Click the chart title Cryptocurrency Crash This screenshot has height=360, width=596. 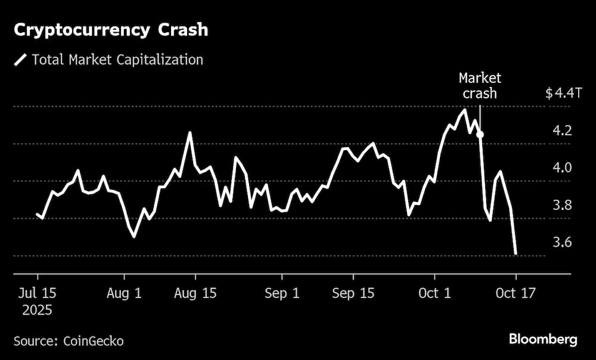click(111, 30)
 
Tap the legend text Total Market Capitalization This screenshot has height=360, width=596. click(117, 60)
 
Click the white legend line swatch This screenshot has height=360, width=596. click(21, 60)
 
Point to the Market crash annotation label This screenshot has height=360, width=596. click(480, 86)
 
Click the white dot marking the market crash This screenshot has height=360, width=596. click(480, 135)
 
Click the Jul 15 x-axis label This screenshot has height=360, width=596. click(37, 293)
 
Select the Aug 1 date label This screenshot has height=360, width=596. click(124, 293)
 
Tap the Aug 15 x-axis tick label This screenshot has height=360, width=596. click(195, 293)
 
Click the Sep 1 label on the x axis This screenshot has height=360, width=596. click(282, 293)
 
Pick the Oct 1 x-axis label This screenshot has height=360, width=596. click(434, 293)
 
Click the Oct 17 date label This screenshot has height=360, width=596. click(516, 293)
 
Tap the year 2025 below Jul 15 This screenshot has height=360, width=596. click(37, 311)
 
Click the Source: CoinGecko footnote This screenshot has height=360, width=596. click(69, 341)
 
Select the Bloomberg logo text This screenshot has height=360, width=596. click(543, 340)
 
